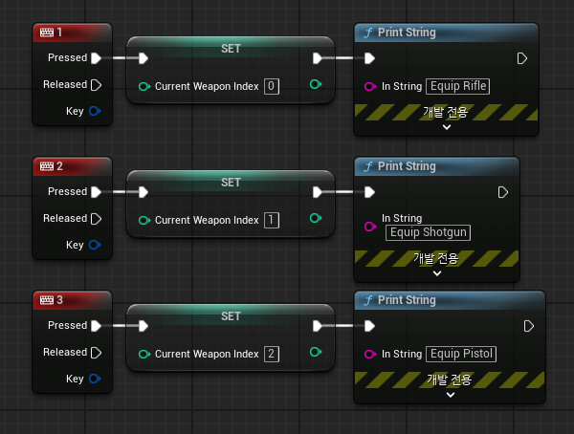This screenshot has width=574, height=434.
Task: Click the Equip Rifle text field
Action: click(457, 86)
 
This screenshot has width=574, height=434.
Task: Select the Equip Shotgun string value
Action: click(428, 232)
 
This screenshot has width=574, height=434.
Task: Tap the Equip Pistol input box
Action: click(461, 354)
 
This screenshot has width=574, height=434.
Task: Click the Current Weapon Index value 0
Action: click(272, 86)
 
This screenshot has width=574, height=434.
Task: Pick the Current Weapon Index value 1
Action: click(272, 220)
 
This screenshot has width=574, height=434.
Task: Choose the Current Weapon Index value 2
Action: click(272, 354)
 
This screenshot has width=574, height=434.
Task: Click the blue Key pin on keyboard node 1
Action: click(95, 111)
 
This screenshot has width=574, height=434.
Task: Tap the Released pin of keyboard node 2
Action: click(96, 219)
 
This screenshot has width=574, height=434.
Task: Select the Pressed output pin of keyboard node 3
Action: click(96, 326)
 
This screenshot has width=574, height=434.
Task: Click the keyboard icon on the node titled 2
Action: click(47, 166)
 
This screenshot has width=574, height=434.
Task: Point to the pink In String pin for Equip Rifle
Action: click(369, 86)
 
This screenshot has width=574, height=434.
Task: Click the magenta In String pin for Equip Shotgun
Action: click(369, 227)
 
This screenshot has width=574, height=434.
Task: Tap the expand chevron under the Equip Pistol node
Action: click(451, 395)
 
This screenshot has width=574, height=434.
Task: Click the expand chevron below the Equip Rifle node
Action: click(447, 127)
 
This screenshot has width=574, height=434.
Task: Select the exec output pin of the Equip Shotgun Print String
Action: click(503, 192)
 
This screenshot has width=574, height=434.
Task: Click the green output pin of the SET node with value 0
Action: click(315, 84)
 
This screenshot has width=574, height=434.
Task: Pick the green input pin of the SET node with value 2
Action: click(144, 354)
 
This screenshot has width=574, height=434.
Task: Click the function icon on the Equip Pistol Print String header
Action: click(368, 300)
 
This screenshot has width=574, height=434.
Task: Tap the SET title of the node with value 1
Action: click(231, 183)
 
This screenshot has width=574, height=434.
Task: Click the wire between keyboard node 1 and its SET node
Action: click(125, 57)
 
